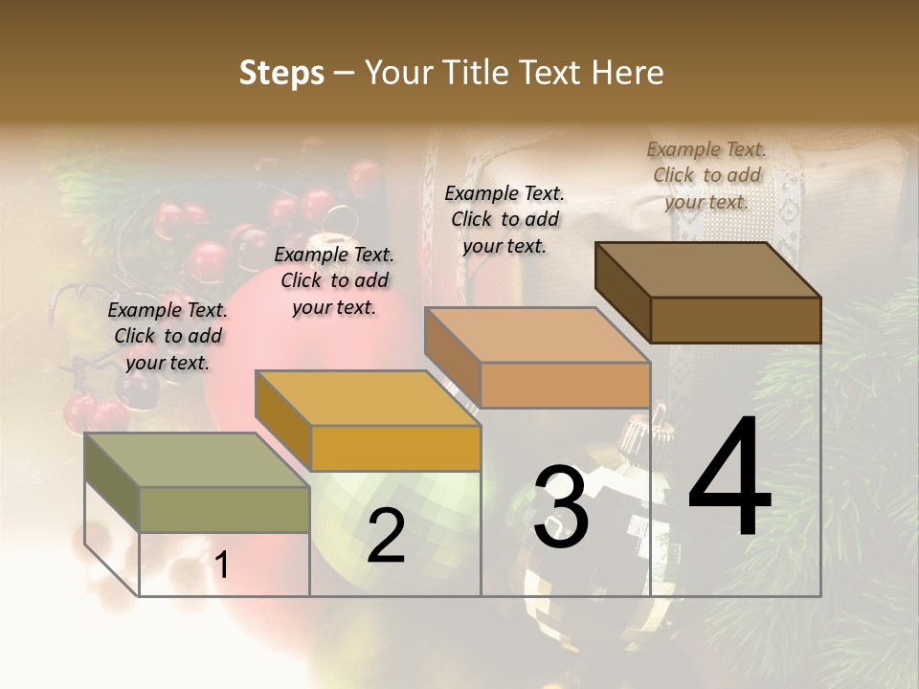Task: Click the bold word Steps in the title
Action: [x=281, y=73]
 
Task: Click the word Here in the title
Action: [x=629, y=73]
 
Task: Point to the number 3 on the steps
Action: [x=561, y=507]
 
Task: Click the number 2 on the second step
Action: [x=386, y=536]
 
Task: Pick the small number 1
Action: [x=221, y=566]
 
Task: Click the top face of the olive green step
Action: [x=196, y=460]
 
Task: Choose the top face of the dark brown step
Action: [x=707, y=269]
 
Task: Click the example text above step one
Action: [x=168, y=336]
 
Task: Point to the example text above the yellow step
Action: [x=334, y=280]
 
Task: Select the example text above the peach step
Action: [x=504, y=218]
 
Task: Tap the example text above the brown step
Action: [x=706, y=175]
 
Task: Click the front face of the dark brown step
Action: [x=735, y=320]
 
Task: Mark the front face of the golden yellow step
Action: [x=395, y=448]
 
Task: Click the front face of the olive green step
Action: [x=225, y=509]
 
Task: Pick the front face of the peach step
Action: [x=565, y=385]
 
